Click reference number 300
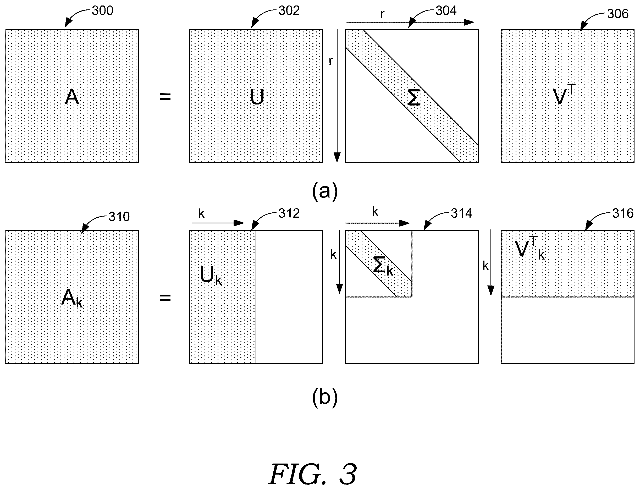coord(102,10)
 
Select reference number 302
coord(289,10)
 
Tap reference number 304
coord(446,10)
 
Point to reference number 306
coord(617,14)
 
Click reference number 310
coord(119,216)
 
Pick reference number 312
coord(289,213)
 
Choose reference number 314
coord(461,213)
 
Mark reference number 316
coord(623,213)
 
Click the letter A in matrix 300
coord(72,97)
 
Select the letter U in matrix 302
coord(257,97)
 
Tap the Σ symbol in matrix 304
coord(413,97)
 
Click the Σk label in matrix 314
coord(383,266)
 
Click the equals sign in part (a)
coord(165,96)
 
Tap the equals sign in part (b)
coord(165,298)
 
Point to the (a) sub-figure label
coord(325,191)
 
